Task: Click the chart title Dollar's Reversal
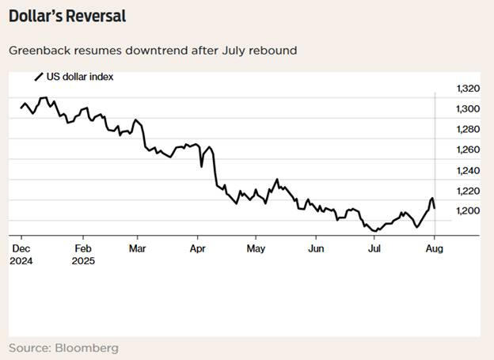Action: click(x=67, y=16)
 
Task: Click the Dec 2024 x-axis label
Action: click(x=21, y=255)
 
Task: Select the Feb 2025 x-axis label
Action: click(x=83, y=255)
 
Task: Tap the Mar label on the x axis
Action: click(x=136, y=248)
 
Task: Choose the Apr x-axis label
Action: click(x=197, y=248)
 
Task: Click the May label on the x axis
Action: click(x=256, y=248)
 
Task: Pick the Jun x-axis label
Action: click(x=315, y=248)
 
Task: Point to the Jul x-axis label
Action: click(x=374, y=248)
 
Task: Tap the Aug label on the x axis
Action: click(x=435, y=248)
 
